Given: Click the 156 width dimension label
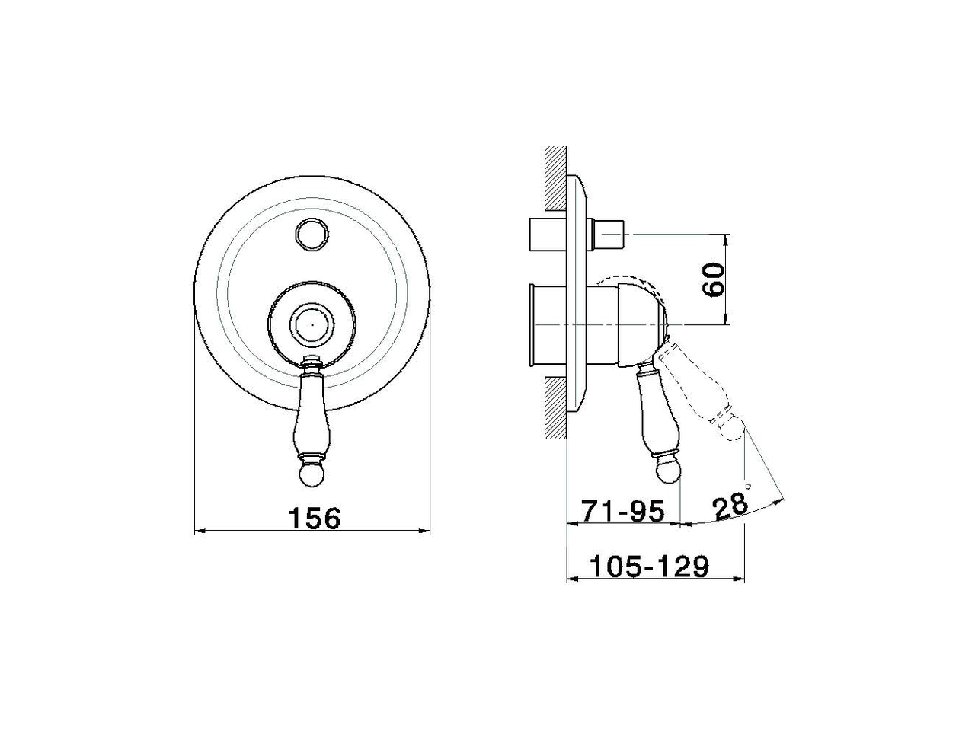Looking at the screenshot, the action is pyautogui.click(x=315, y=518).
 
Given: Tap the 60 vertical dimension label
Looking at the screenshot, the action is pyautogui.click(x=713, y=279).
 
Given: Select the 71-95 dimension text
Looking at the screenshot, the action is pyautogui.click(x=624, y=511).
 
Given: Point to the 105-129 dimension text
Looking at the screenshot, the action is pyautogui.click(x=649, y=567).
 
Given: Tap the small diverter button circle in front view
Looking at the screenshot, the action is pyautogui.click(x=312, y=234).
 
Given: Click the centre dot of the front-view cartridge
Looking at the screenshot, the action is pyautogui.click(x=312, y=324).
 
